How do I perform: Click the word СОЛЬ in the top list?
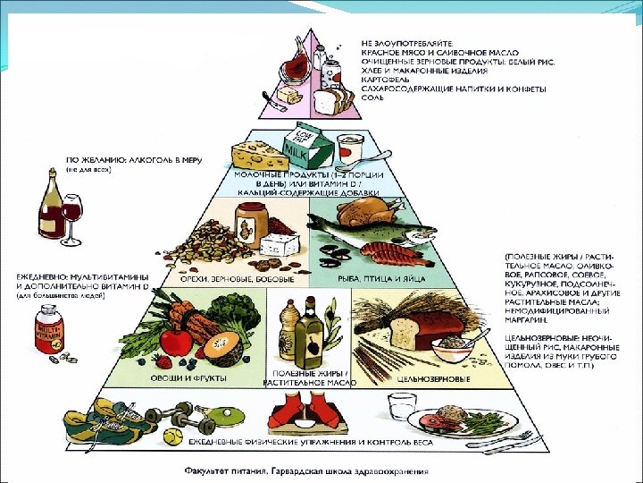coord(372,97)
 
